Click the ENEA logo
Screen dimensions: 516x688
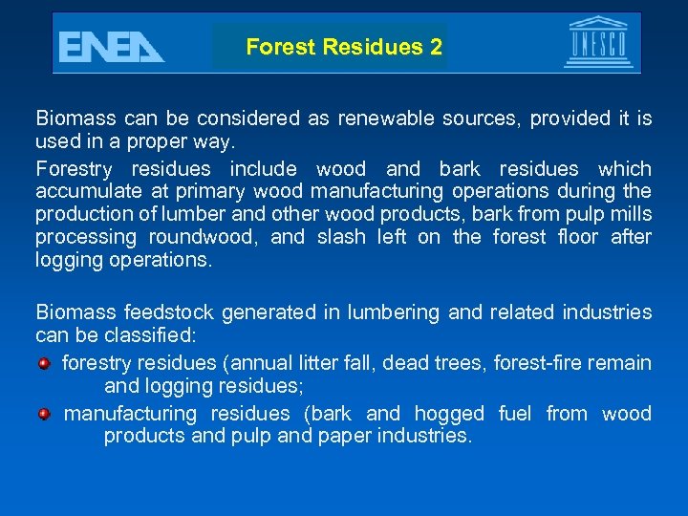111,46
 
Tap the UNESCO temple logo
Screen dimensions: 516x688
598,42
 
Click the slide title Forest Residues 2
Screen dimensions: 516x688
343,47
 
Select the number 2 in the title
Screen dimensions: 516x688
436,47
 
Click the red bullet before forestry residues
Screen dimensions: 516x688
44,363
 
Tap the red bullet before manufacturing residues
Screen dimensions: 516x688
44,414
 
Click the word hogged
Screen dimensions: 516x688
449,414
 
